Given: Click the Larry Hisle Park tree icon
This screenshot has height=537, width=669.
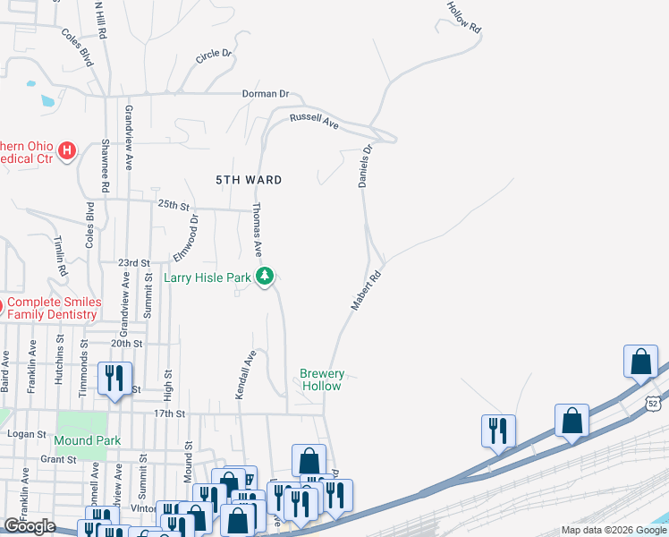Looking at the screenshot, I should click(x=264, y=277).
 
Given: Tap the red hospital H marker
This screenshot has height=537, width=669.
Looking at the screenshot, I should click(x=67, y=150).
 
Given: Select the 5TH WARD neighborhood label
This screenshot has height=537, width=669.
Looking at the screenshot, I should click(x=250, y=180).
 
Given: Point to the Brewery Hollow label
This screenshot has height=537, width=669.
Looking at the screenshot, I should click(x=321, y=379).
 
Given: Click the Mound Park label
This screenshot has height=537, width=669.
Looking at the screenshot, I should click(x=87, y=440).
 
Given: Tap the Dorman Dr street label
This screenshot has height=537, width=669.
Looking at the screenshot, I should click(x=267, y=93).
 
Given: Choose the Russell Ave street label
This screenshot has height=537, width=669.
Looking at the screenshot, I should click(x=313, y=122).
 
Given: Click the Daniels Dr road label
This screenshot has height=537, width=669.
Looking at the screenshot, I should click(x=365, y=166).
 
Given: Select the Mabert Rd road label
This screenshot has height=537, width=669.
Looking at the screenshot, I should click(x=366, y=292).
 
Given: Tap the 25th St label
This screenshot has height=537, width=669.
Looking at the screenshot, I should click(x=175, y=205).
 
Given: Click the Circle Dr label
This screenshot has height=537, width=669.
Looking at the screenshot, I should click(x=214, y=56).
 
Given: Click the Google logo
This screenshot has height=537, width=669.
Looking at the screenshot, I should click(x=29, y=525).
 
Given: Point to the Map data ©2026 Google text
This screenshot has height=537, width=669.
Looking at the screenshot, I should click(x=613, y=530).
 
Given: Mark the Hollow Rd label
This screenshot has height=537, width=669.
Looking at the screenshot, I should click(x=464, y=17).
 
